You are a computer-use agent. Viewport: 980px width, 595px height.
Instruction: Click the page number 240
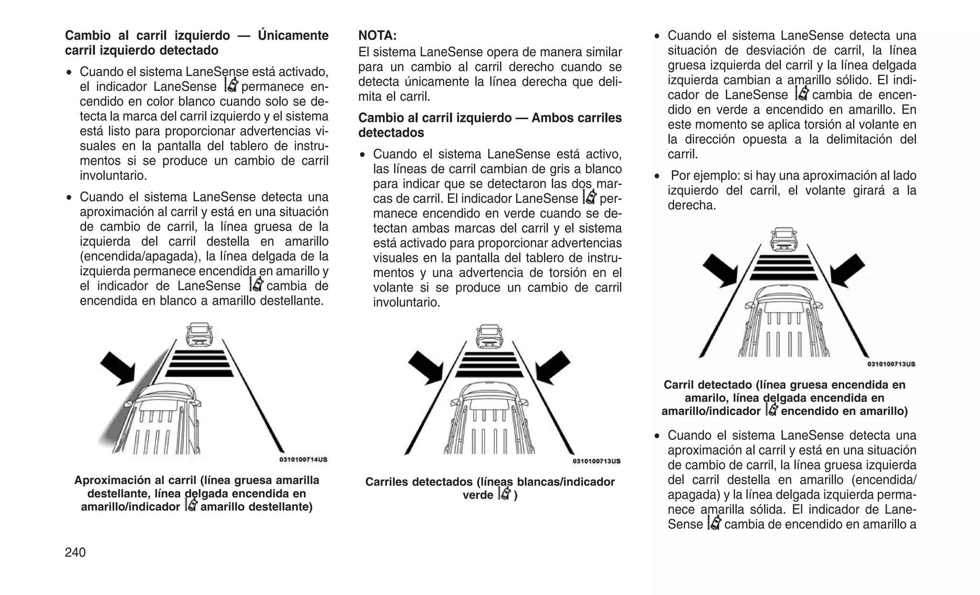(75, 552)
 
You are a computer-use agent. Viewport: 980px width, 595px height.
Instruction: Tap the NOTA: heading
(378, 35)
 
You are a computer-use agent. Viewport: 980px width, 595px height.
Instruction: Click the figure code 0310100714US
(303, 460)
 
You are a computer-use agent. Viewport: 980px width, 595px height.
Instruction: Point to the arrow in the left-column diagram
(119, 367)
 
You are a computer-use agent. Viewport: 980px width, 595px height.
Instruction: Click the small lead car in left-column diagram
(200, 334)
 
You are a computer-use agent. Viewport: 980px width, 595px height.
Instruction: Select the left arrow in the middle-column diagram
(426, 367)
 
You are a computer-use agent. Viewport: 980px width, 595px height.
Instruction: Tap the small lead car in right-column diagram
(783, 239)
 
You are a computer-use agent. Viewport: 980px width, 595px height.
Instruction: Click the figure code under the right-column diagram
(891, 364)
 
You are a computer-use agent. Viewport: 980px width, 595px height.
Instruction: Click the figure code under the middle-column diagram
(596, 461)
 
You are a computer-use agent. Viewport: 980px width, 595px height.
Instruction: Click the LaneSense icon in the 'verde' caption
(504, 494)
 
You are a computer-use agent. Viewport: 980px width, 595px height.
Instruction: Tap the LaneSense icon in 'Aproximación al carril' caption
(190, 505)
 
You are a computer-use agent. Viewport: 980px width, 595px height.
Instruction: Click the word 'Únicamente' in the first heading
(293, 35)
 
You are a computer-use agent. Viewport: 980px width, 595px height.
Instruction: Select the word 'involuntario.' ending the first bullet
(113, 176)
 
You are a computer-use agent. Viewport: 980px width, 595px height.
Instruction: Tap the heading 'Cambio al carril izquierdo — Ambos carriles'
(490, 118)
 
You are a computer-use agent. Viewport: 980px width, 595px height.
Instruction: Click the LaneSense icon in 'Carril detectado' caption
(771, 410)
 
